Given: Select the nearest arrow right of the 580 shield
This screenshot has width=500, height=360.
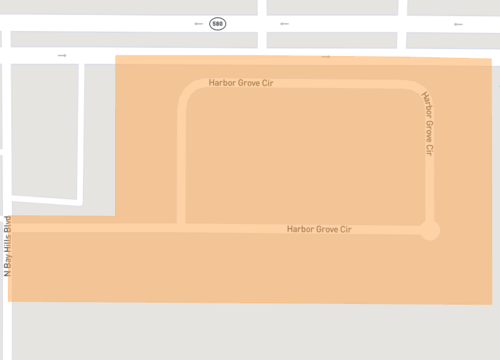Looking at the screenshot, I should (x=285, y=22).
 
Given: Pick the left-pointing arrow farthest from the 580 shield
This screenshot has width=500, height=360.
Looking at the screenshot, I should (x=458, y=22).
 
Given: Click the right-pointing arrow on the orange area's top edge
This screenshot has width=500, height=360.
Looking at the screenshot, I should (x=326, y=56).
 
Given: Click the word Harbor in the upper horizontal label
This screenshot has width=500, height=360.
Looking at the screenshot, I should (x=221, y=81).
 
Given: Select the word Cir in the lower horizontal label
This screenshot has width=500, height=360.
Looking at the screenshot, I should (x=346, y=229).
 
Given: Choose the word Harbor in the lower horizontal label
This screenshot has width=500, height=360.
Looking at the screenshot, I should (x=300, y=229).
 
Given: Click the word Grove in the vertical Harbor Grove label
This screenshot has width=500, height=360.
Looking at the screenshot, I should (x=428, y=128).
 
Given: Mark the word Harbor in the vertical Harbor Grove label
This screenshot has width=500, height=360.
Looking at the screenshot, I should (x=425, y=104).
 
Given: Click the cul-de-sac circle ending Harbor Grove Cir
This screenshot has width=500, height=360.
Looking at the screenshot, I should (x=429, y=230).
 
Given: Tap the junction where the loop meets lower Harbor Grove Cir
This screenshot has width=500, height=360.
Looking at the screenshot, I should (x=181, y=226).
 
